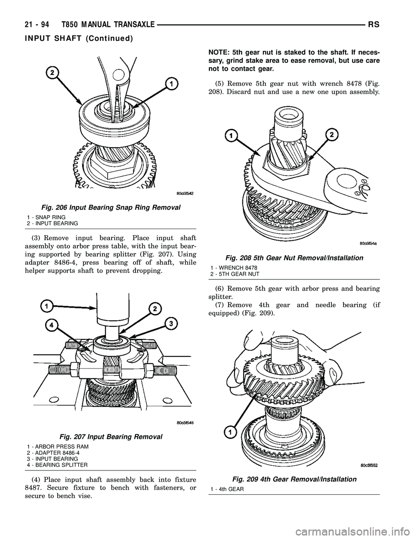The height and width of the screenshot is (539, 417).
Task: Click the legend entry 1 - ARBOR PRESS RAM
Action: click(57, 446)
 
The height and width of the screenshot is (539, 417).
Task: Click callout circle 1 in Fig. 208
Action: click(231, 136)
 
